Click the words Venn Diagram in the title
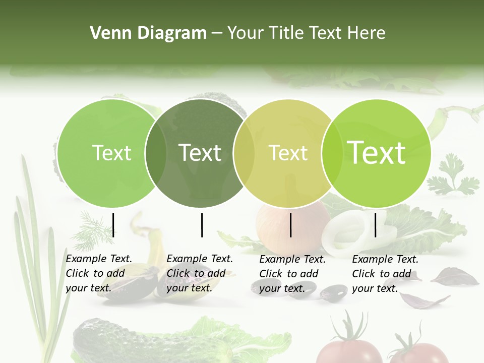[x=148, y=33]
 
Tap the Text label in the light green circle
[x=111, y=153]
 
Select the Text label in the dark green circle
[x=200, y=153]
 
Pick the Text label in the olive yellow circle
[x=288, y=153]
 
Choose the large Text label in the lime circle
[x=376, y=153]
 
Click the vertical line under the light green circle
[x=113, y=225]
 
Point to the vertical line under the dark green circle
[x=202, y=225]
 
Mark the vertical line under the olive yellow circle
[x=291, y=225]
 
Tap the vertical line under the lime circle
[x=376, y=225]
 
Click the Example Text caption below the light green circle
[x=99, y=273]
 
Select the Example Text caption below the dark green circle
[x=200, y=273]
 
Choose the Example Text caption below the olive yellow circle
[x=292, y=274]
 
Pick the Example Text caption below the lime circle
[x=385, y=274]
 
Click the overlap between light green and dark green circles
[x=155, y=153]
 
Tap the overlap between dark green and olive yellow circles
[x=244, y=153]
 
